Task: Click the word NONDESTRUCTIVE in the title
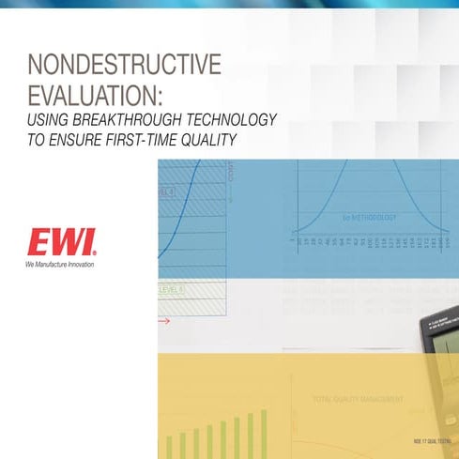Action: (x=125, y=65)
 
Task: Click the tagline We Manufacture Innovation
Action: (x=60, y=265)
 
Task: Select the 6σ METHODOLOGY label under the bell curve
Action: (x=370, y=219)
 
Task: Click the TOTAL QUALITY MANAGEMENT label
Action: (x=359, y=399)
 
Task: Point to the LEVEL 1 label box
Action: (x=172, y=291)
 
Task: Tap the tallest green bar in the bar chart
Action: (x=264, y=433)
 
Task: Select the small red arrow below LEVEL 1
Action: (x=163, y=321)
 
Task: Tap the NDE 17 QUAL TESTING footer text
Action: (x=428, y=440)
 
